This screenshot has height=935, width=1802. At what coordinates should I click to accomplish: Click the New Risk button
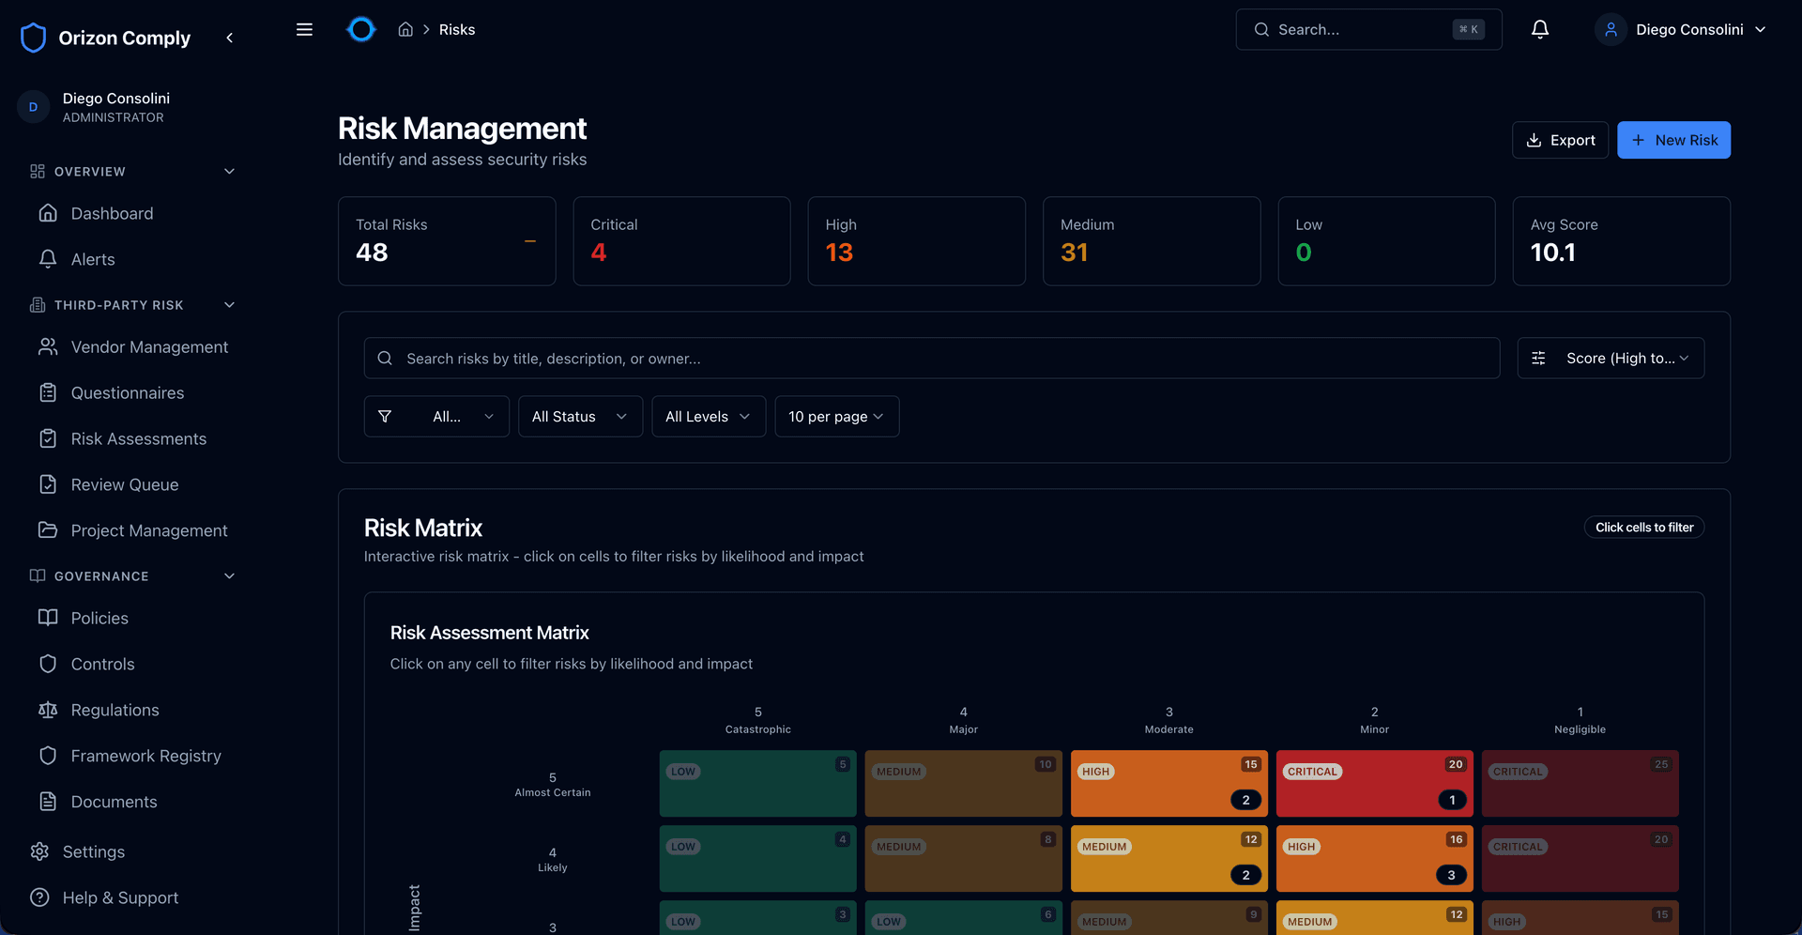point(1673,140)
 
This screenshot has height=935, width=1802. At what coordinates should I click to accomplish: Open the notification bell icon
point(1540,30)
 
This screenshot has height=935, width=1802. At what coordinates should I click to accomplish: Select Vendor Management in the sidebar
point(149,347)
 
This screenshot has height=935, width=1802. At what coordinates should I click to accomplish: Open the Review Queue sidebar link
point(124,484)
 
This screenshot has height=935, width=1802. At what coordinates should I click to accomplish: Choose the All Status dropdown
point(579,417)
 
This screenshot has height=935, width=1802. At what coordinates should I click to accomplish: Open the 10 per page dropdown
point(836,417)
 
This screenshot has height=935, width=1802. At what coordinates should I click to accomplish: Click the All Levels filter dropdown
point(708,417)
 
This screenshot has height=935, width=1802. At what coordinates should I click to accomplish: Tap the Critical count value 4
point(599,253)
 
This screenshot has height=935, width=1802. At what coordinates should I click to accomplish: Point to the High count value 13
point(839,253)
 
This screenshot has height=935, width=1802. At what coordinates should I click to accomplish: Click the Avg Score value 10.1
point(1553,253)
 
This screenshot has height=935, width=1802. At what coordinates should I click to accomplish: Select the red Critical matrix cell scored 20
point(1374,783)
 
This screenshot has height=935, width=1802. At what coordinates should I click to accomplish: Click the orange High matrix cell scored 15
point(1168,783)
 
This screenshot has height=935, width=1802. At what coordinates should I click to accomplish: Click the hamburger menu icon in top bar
point(304,30)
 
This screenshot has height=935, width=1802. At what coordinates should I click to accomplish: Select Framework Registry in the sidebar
point(145,756)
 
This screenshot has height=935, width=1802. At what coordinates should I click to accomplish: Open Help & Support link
point(120,897)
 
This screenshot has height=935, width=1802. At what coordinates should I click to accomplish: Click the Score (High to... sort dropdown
point(1611,359)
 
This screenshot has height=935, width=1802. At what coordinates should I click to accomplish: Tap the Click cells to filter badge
point(1644,528)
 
